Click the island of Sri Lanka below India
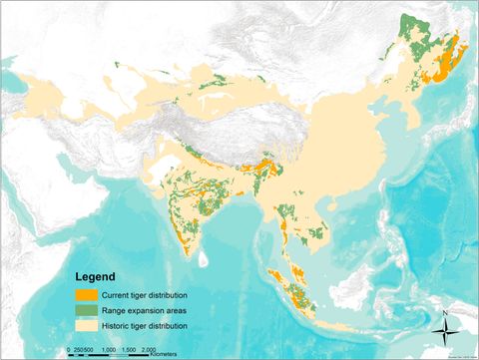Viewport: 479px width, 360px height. pyautogui.click(x=203, y=258)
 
